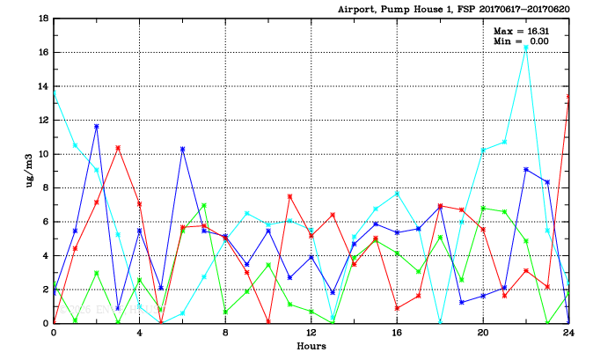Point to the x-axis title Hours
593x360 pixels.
[311, 347]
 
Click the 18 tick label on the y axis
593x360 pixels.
[43, 18]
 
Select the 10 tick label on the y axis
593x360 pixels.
[43, 154]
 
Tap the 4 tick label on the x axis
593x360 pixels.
[139, 334]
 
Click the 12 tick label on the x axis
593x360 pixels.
[311, 334]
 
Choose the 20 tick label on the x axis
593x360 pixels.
[483, 334]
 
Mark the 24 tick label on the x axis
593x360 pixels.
[568, 334]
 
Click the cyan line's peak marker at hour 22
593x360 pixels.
[526, 48]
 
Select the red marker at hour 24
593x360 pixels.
[568, 97]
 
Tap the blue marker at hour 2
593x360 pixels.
[97, 126]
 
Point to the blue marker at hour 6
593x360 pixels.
[182, 149]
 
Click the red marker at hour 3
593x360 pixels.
[118, 148]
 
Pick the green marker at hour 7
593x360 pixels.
[204, 206]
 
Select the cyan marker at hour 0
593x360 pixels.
[55, 92]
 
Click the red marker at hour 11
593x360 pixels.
[289, 196]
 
